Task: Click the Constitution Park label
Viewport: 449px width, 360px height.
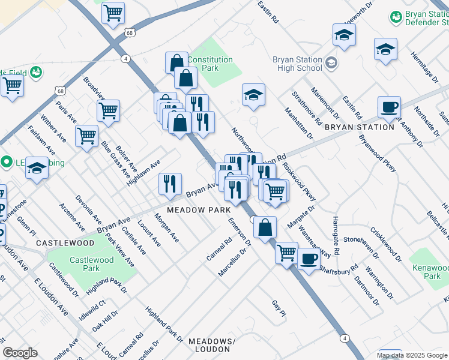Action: click(209, 64)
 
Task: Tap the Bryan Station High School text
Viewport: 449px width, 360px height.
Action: click(297, 64)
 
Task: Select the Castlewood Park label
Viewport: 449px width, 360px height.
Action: click(91, 264)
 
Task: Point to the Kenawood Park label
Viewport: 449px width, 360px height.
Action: click(424, 272)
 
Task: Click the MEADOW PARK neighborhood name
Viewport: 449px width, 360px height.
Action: click(199, 211)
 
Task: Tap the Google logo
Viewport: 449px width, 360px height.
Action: click(20, 353)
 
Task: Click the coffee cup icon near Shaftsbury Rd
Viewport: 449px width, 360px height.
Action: click(309, 259)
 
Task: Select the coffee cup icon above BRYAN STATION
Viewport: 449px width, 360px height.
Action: click(389, 107)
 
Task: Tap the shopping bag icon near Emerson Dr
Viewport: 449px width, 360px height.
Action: click(265, 227)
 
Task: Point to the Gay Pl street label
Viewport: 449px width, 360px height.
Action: click(279, 310)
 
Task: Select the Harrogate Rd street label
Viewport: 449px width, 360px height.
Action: click(336, 237)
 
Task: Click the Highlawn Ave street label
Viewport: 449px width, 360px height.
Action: click(148, 172)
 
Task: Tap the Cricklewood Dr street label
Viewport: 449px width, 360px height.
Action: click(385, 244)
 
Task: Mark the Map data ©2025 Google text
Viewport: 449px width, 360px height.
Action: click(412, 355)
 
